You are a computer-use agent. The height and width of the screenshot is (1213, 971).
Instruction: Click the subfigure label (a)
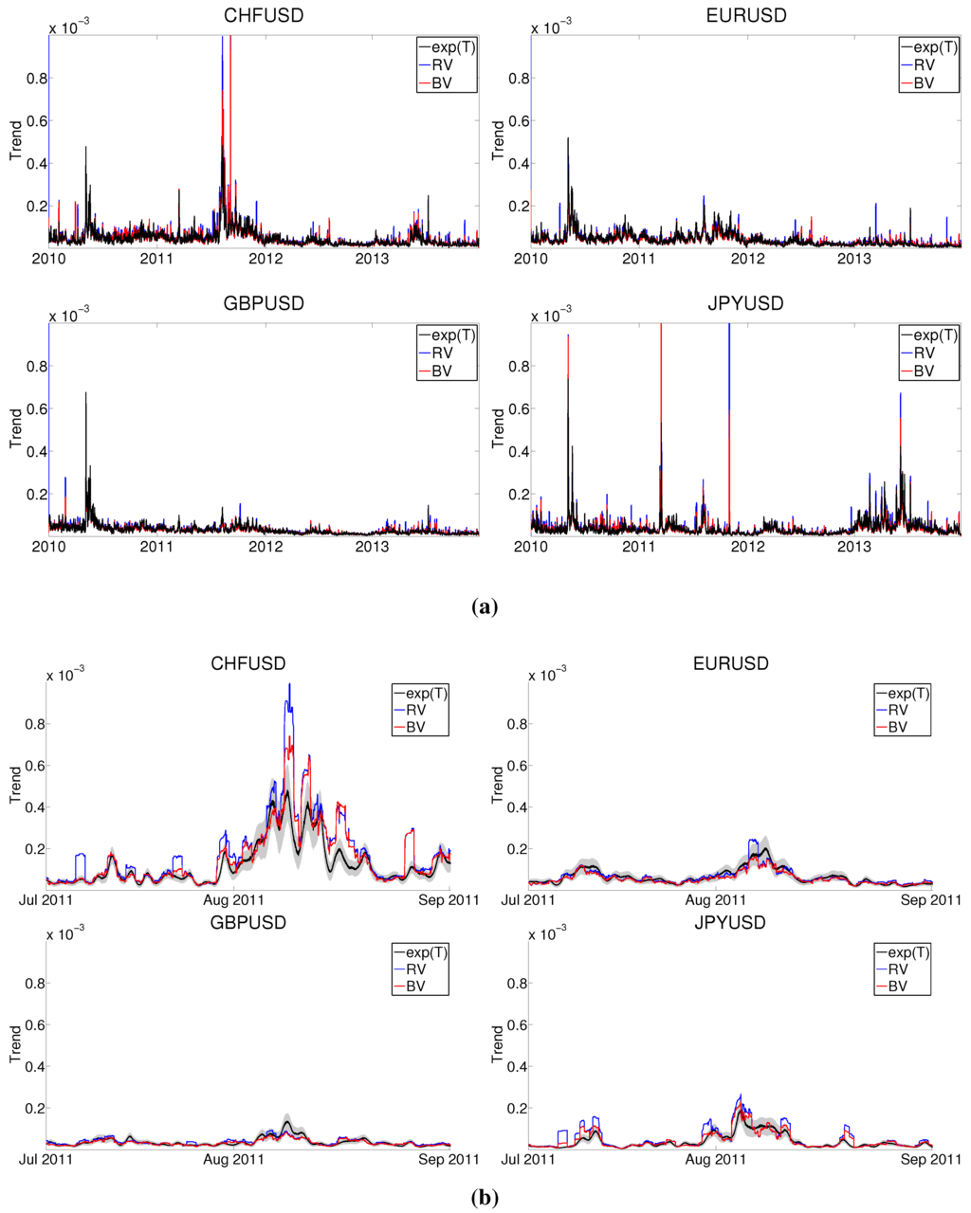(x=484, y=607)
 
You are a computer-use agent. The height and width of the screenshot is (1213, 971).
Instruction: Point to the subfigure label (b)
(x=484, y=1197)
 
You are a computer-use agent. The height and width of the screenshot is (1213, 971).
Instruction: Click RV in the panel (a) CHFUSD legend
(x=442, y=64)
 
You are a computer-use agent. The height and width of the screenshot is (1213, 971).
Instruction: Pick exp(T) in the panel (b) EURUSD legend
(x=902, y=693)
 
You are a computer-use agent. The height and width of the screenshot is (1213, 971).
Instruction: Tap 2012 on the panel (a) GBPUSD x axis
(x=266, y=547)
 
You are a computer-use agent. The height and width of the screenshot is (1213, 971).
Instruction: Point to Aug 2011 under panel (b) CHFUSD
(x=234, y=899)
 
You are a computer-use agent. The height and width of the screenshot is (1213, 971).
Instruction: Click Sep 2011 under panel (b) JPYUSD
(x=926, y=1159)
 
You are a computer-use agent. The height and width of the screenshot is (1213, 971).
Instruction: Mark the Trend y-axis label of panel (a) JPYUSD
(x=498, y=428)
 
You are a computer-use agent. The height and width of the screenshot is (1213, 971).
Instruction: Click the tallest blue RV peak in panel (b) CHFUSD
(x=289, y=684)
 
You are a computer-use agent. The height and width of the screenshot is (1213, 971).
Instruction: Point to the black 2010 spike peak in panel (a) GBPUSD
(x=85, y=392)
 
